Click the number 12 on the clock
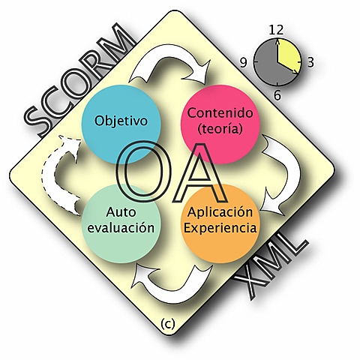tap(276, 29)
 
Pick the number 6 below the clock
tap(277, 94)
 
